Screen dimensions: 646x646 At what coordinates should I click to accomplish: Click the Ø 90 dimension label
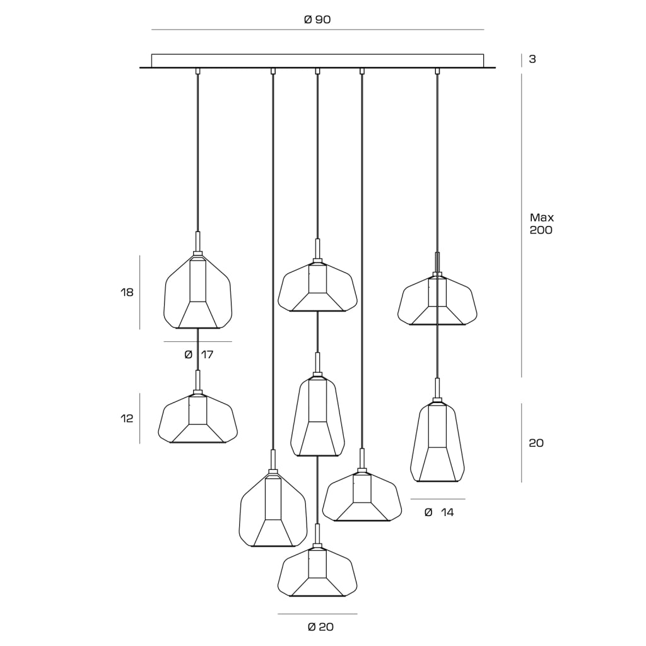pos(317,20)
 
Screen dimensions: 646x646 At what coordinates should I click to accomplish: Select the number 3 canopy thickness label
pos(532,59)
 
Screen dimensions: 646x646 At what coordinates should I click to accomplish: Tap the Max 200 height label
pos(541,224)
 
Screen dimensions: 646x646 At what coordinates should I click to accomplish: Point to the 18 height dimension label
pos(127,293)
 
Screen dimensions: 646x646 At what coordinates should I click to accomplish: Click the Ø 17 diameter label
pos(199,355)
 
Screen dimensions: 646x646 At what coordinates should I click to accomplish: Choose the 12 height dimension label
pos(127,419)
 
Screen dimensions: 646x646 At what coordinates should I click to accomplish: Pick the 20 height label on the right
pos(536,443)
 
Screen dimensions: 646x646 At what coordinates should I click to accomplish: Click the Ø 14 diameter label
pos(439,512)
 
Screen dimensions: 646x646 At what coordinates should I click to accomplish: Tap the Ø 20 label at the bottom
pos(320,626)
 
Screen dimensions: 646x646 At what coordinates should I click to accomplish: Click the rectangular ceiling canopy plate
pos(317,61)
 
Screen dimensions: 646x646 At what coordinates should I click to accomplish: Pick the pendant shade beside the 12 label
pos(197,419)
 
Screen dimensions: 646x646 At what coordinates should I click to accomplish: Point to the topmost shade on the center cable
pos(317,287)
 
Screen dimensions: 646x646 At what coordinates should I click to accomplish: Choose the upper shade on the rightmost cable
pos(437,300)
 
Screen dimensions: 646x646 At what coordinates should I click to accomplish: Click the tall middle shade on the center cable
pos(317,417)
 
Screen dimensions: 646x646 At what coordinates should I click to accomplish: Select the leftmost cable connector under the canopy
pos(197,71)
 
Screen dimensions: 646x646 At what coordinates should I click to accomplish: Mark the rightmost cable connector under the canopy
pos(437,71)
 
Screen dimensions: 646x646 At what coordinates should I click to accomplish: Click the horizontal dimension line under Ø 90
pos(318,30)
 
